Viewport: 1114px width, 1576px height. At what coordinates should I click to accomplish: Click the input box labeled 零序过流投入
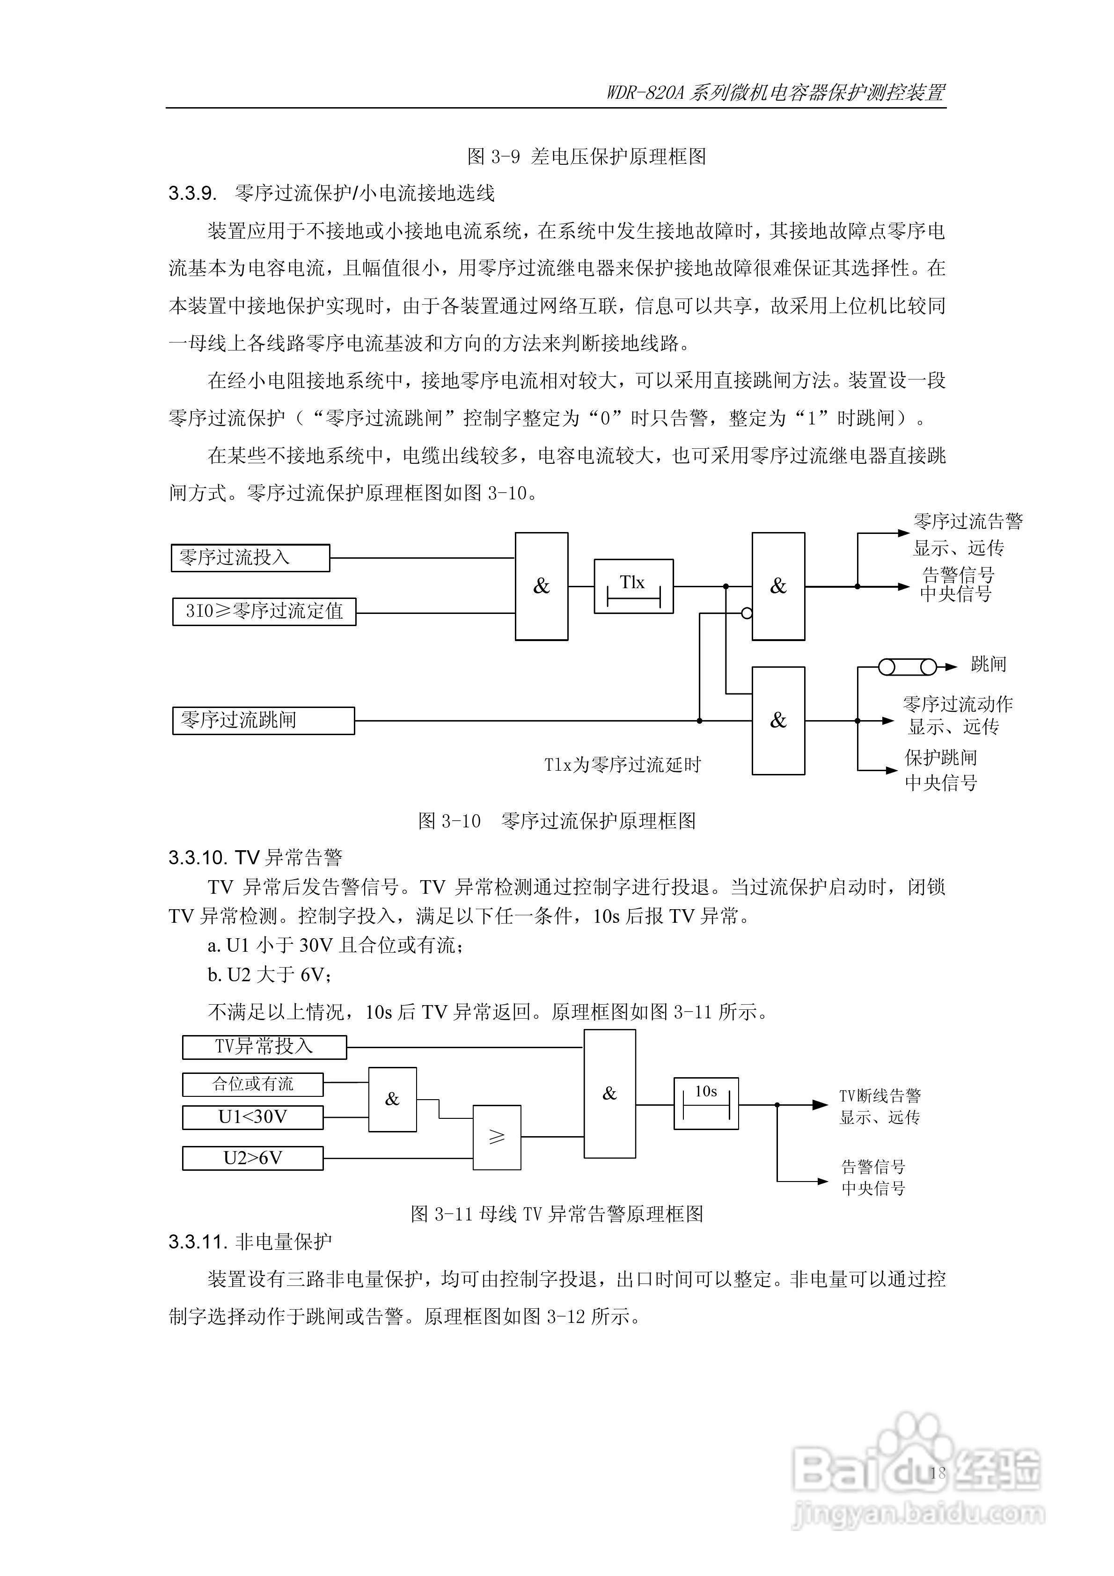click(250, 557)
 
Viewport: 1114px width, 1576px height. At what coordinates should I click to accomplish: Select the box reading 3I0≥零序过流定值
click(264, 611)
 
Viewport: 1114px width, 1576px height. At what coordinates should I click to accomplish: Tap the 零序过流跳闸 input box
click(263, 720)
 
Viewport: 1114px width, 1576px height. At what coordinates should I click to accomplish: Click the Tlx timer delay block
click(633, 586)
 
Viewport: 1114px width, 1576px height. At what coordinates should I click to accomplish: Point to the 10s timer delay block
click(706, 1104)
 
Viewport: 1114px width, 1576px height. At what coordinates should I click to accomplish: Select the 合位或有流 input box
click(252, 1085)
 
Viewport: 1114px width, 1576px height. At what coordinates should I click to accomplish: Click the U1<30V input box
click(252, 1117)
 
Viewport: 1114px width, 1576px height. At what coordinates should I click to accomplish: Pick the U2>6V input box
click(252, 1158)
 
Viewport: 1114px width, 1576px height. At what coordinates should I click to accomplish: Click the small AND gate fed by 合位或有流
click(392, 1099)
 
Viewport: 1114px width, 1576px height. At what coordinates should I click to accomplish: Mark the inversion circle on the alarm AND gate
click(747, 613)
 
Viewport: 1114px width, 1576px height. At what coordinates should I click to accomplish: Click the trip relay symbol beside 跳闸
click(907, 666)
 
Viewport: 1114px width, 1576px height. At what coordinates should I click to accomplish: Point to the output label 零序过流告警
click(967, 522)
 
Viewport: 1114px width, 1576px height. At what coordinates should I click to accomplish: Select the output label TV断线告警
click(880, 1095)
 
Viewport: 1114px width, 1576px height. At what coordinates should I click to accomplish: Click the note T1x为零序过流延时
click(622, 765)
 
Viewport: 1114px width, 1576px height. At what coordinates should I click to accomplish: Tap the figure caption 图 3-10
click(449, 821)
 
